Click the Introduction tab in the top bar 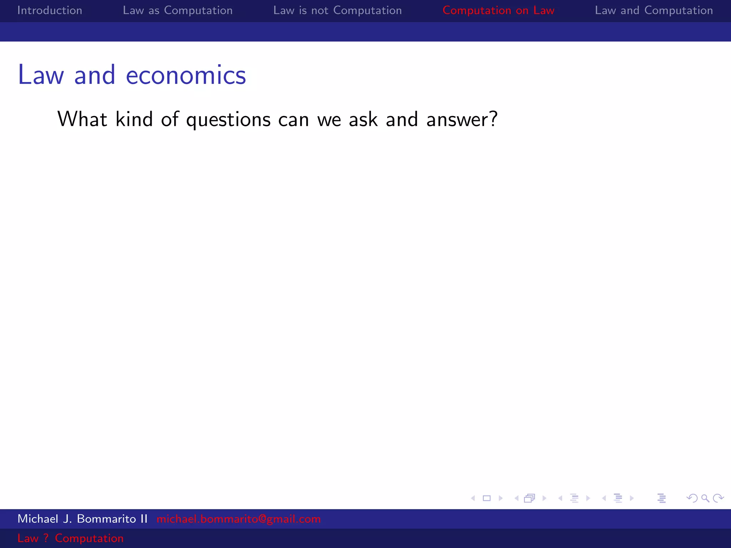coord(50,10)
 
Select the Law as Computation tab coord(177,10)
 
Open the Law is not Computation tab coord(337,10)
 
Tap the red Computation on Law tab coord(498,10)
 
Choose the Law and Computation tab coord(654,10)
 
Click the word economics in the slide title coord(186,75)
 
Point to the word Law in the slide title coord(41,75)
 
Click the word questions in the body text coord(228,120)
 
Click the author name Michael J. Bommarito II coord(82,519)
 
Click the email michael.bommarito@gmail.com coord(238,519)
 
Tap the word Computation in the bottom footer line coord(89,538)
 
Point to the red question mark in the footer coord(46,538)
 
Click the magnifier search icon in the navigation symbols coord(705,498)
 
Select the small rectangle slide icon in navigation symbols coord(487,498)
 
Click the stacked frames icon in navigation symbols coord(530,498)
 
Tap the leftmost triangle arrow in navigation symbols coord(473,498)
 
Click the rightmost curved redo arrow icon coord(718,498)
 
